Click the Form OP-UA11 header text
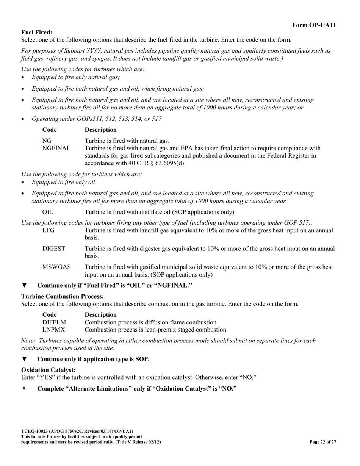coord(314,25)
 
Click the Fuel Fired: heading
coord(37,33)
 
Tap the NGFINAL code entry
coord(56,148)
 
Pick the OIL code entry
coord(48,212)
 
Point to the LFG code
coord(49,230)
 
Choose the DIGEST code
coord(54,249)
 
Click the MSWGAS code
coord(56,267)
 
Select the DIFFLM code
coord(54,322)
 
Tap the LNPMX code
coord(53,330)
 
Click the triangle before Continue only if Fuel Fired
coord(25,285)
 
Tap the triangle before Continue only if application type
coord(25,359)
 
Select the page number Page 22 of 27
coord(322,442)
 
